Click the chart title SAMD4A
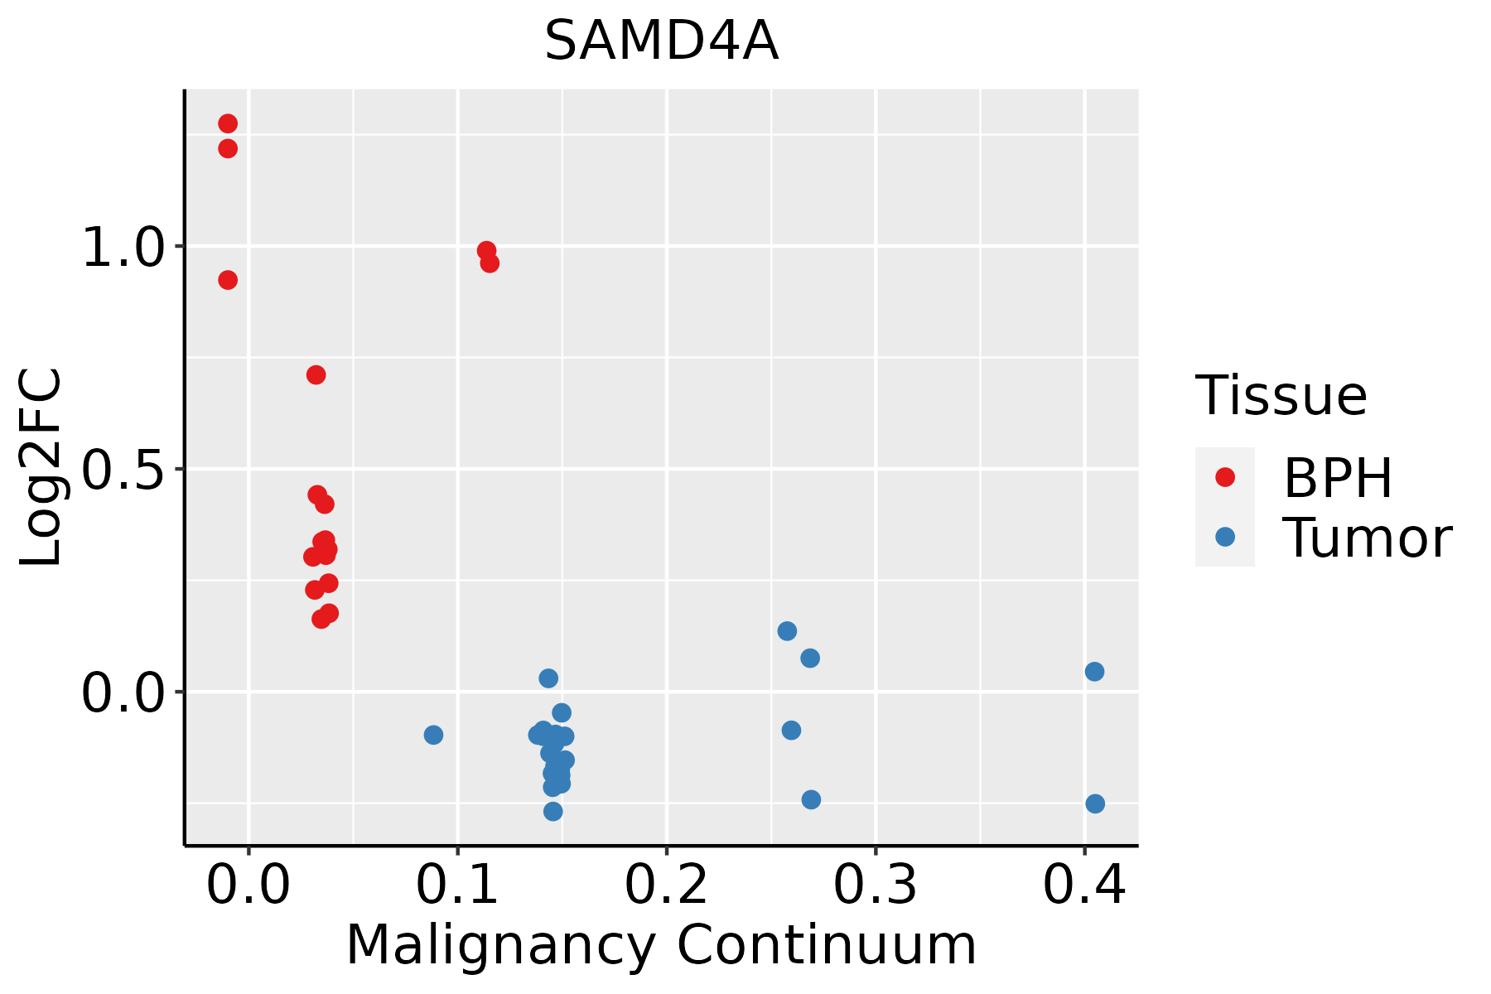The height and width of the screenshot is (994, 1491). (661, 41)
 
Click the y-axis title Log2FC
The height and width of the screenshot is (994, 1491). (41, 468)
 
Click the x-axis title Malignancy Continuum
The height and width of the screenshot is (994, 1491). (661, 945)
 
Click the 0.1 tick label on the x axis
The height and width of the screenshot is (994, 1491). (457, 885)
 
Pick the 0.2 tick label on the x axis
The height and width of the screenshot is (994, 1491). (666, 885)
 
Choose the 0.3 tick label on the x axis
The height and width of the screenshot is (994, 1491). (875, 885)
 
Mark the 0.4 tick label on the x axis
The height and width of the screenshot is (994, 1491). (1083, 885)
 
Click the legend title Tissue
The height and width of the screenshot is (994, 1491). (1281, 396)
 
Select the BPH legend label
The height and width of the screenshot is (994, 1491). (1338, 478)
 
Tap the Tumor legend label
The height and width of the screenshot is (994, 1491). (1368, 538)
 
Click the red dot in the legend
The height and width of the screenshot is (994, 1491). (1224, 477)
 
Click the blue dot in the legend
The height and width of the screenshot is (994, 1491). (1224, 537)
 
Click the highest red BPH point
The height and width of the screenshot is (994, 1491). (228, 124)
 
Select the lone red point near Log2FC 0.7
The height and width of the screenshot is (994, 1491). (316, 375)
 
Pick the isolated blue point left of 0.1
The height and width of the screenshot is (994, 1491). (433, 735)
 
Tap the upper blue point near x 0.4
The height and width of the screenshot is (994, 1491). (1094, 672)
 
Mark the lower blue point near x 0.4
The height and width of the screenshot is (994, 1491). (1095, 803)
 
